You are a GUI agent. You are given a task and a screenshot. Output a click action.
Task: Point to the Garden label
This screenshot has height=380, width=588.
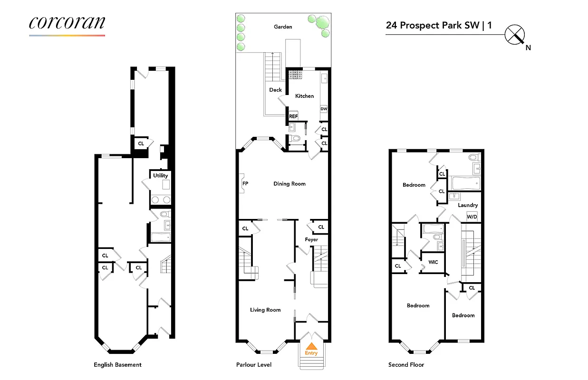pos(283,27)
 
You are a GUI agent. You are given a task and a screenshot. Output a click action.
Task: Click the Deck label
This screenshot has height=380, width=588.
pos(276,90)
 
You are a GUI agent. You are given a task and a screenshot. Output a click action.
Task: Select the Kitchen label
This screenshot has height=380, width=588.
pos(305,96)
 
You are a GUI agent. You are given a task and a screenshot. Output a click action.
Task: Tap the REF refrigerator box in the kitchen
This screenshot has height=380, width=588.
pos(293,116)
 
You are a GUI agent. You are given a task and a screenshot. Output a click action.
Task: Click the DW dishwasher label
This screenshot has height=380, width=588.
pos(324,109)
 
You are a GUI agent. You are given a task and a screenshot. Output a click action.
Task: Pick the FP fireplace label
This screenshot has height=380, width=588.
pos(245,183)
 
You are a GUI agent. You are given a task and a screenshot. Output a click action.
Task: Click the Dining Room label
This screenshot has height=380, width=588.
pos(289,184)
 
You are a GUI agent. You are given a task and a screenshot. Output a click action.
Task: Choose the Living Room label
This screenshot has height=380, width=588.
pos(265,310)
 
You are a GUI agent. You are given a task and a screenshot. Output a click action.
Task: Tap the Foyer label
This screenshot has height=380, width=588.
pos(311,240)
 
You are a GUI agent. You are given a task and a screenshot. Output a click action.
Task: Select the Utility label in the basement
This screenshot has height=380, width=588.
pos(160,176)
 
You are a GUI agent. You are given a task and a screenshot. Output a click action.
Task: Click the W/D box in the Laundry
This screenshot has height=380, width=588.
pos(472,217)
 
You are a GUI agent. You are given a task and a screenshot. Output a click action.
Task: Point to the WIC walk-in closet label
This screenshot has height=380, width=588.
pos(433,262)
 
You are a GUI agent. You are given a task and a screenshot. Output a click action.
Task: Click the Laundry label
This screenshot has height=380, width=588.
pos(468,205)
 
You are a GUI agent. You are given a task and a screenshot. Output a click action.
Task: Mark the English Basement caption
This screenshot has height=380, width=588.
pos(117,365)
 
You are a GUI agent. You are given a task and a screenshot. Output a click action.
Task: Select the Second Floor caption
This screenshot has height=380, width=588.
pos(406,365)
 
